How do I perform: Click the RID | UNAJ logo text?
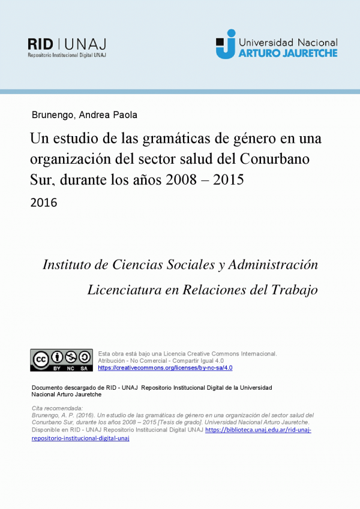coord(67,43)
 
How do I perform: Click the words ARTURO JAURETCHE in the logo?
coord(287,53)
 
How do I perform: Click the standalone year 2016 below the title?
coord(43,203)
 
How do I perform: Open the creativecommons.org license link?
coord(165,368)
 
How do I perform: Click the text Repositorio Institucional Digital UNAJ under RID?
coord(66,55)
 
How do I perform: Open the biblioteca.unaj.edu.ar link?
coord(258,430)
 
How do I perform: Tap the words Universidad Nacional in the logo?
coord(288,43)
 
